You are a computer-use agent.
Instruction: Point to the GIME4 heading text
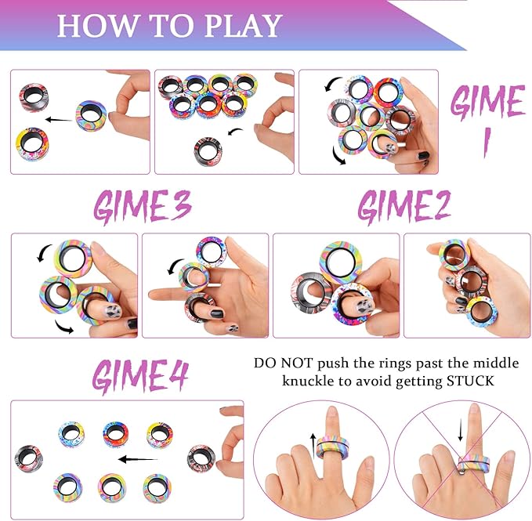[x=139, y=376]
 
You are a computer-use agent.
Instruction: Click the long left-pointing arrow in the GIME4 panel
[x=139, y=459]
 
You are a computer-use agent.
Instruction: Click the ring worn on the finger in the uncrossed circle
[x=332, y=450]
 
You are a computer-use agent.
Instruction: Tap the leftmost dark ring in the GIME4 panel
[x=29, y=458]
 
